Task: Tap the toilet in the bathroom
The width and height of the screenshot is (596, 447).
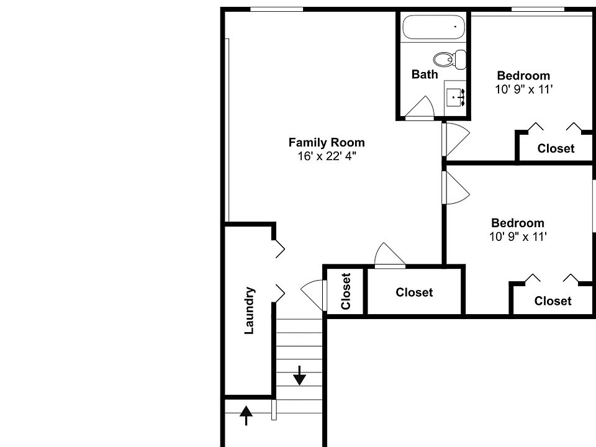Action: click(450, 60)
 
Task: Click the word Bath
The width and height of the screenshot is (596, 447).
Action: click(425, 74)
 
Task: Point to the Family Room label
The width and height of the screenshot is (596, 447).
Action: click(327, 143)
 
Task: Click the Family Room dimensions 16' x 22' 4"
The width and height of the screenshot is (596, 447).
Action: click(327, 156)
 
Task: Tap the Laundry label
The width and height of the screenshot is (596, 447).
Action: click(250, 310)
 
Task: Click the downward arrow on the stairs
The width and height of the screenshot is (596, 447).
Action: click(300, 375)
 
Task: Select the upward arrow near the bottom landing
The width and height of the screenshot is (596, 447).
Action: click(246, 415)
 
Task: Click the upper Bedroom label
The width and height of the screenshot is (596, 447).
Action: click(523, 76)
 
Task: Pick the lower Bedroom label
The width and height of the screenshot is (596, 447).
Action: click(517, 223)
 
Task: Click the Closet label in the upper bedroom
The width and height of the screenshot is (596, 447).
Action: click(556, 149)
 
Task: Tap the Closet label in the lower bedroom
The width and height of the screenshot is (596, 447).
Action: click(553, 301)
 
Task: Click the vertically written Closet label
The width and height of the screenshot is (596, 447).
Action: click(346, 291)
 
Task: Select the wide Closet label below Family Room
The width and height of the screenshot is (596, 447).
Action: click(414, 292)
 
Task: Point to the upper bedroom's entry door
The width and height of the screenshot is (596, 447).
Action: click(455, 139)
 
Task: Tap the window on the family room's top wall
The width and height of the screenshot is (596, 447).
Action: click(276, 9)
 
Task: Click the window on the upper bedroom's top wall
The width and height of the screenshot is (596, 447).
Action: click(538, 9)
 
